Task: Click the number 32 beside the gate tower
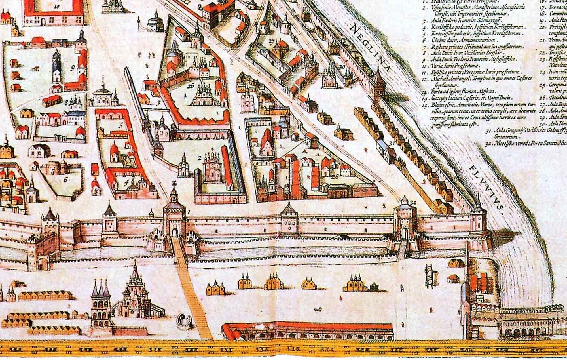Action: [413, 202]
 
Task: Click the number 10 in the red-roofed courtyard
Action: [58, 6]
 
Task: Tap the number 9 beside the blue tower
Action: [73, 68]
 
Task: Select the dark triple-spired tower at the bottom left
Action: [100, 304]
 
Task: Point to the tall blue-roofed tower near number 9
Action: [57, 67]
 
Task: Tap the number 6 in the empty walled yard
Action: [66, 180]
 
